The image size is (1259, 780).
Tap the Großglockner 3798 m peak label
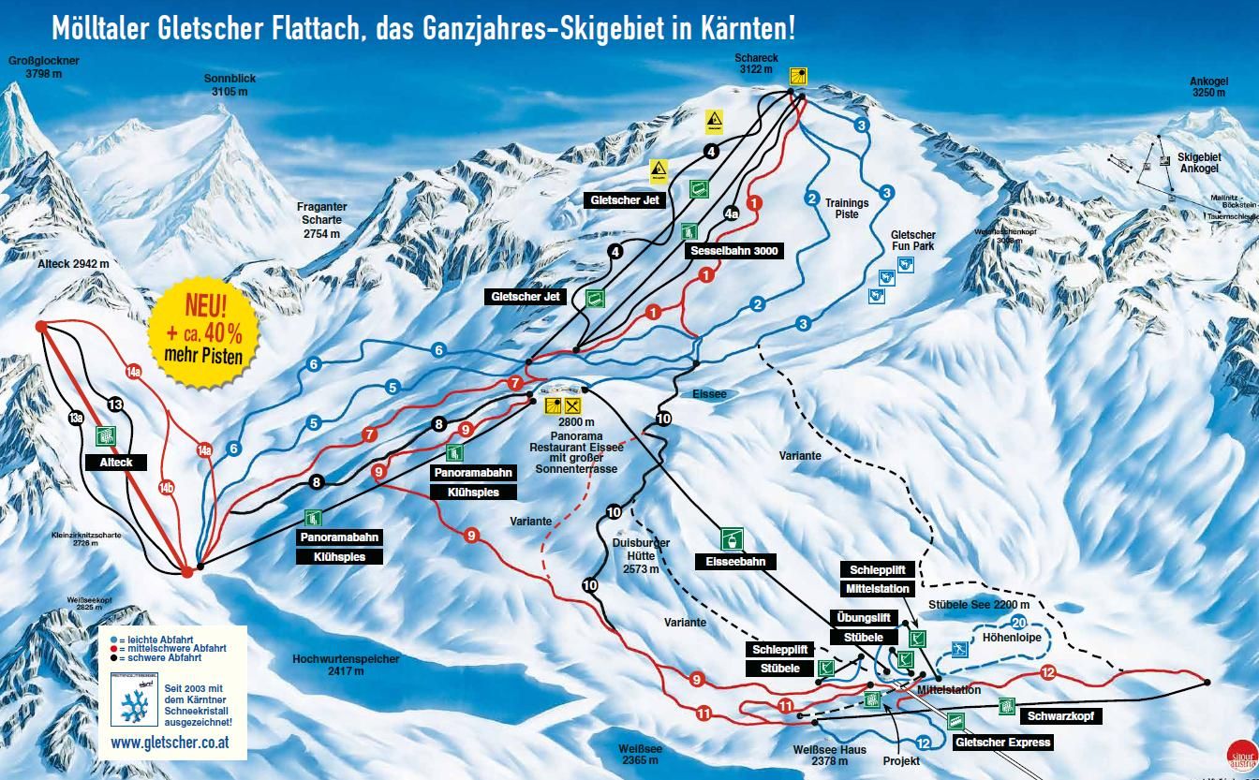pyautogui.click(x=44, y=66)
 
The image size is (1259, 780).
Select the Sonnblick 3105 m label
pyautogui.click(x=230, y=85)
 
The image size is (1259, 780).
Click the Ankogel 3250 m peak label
pyautogui.click(x=1207, y=86)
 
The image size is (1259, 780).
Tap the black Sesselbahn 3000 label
pyautogui.click(x=733, y=251)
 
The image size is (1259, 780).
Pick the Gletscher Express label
pyautogui.click(x=1002, y=743)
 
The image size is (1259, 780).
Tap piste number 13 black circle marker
pyautogui.click(x=115, y=405)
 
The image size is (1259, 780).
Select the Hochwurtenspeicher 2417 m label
pyautogui.click(x=346, y=665)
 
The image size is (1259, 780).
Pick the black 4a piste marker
pyautogui.click(x=733, y=213)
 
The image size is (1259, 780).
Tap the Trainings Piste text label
pyautogui.click(x=847, y=208)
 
